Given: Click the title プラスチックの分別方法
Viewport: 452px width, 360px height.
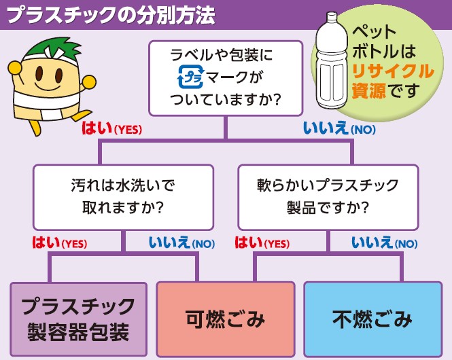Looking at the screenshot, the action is click(x=111, y=15).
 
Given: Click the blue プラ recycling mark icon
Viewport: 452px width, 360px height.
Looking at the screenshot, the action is click(x=191, y=77).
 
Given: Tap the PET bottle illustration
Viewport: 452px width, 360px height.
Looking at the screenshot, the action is click(x=332, y=60).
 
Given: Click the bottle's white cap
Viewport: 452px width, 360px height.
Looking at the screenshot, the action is click(x=332, y=16).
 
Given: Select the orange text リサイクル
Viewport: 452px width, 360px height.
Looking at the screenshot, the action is click(x=393, y=71).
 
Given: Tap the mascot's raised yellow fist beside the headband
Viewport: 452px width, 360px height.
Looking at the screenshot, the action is click(x=15, y=69).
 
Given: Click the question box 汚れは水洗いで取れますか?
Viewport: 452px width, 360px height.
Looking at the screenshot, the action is click(x=124, y=197).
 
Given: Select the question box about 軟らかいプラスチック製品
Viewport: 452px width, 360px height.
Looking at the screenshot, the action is click(x=328, y=197).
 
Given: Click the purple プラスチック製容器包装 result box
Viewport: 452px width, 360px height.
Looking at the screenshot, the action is click(x=78, y=319).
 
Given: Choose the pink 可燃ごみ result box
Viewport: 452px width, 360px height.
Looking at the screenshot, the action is click(x=226, y=319).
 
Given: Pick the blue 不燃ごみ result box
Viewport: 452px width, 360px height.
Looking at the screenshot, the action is click(x=373, y=319).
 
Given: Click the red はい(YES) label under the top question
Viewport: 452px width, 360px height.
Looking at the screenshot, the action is click(x=112, y=128).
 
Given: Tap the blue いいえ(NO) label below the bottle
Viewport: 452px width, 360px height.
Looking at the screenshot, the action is click(x=339, y=128).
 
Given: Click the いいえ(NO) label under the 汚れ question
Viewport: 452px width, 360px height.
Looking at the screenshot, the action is click(x=181, y=243).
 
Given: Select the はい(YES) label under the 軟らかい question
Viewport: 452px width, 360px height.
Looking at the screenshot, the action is click(x=262, y=243).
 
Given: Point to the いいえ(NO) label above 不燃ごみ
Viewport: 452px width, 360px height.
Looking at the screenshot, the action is click(x=385, y=243).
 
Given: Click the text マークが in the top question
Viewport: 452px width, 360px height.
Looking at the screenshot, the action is click(x=234, y=77).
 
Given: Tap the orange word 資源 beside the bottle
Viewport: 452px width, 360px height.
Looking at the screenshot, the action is click(x=369, y=91).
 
